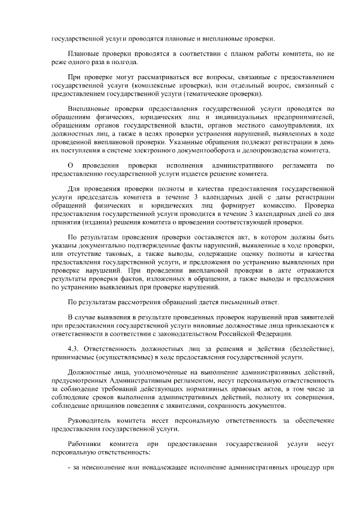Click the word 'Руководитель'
(89, 420)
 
